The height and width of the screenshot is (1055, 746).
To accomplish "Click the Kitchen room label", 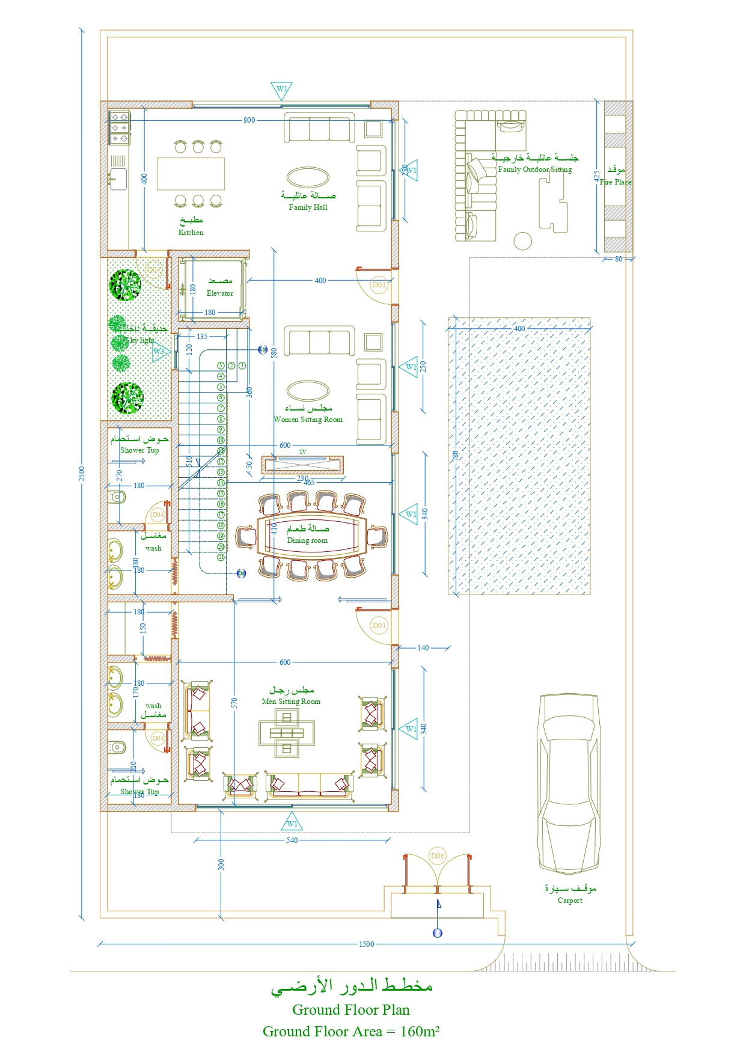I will point(191,232).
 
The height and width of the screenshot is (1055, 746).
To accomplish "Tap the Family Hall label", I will point(308,207).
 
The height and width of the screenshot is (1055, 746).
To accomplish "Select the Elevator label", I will point(220,293).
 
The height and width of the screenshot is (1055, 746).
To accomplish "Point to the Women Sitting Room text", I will point(308,420).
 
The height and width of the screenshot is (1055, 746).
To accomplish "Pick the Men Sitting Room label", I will point(291,701).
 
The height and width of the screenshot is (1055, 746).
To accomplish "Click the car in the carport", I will point(568,782).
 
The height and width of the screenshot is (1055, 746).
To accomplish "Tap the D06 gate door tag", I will point(438,855).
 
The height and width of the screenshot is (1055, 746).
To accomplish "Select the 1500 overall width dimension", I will point(366,944).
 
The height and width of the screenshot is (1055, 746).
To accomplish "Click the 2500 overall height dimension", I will point(82,474).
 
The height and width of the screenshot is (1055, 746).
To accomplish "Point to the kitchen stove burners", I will point(119,127).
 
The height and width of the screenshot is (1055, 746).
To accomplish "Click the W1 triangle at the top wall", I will point(281,90).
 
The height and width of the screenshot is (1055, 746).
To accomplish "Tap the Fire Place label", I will point(616,182).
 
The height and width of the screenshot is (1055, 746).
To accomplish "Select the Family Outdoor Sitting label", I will point(534,170).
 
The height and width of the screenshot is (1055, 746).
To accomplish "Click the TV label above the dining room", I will point(302,451).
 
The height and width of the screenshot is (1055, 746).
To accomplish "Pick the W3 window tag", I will point(159,352).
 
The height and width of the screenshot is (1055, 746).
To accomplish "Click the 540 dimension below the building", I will point(292,840).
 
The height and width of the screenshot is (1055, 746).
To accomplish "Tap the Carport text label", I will point(569,900).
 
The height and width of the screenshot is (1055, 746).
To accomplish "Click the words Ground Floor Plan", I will point(350,1009).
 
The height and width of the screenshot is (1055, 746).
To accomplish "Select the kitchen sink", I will point(118,179).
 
